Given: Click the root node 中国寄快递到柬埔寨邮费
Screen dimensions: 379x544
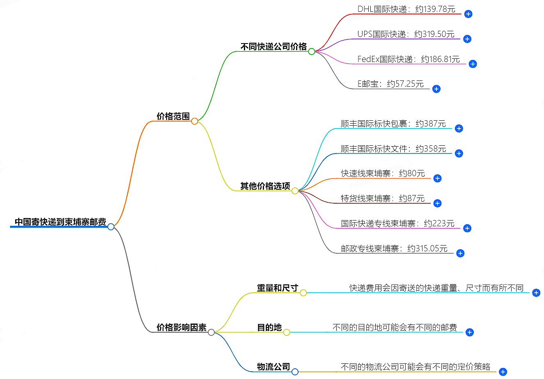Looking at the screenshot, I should click(60, 222).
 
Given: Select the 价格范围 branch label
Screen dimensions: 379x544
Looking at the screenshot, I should click(173, 117).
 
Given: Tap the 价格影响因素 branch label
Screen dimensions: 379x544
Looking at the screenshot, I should click(181, 328).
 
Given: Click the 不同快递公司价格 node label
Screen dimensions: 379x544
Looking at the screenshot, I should click(273, 47).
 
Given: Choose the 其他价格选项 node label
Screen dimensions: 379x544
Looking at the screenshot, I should click(265, 186).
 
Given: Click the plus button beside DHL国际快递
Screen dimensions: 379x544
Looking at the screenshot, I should click(468, 14).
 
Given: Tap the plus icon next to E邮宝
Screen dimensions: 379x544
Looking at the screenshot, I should click(436, 89).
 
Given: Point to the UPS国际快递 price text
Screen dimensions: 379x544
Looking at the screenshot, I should click(406, 34).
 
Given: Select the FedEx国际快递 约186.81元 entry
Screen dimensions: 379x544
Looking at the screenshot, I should click(408, 59).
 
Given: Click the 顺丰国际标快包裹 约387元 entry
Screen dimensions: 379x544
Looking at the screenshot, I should click(393, 124).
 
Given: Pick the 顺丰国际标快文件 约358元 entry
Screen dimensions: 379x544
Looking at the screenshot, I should click(393, 149).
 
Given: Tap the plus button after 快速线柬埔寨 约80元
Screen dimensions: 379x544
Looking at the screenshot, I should click(437, 178).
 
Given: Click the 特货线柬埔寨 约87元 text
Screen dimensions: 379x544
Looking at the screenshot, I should click(383, 198).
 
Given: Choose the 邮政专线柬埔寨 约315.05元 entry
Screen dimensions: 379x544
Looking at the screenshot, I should click(394, 248).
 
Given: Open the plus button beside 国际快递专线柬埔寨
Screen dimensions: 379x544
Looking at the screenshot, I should click(467, 228).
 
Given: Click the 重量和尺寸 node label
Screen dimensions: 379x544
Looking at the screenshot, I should click(277, 288).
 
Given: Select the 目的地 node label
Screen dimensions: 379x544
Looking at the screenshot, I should click(269, 328).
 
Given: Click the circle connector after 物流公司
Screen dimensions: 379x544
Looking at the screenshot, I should click(295, 372).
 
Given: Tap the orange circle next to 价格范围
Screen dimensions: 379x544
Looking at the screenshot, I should click(195, 121).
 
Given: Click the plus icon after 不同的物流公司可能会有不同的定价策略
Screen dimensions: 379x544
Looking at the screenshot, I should click(503, 372).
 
